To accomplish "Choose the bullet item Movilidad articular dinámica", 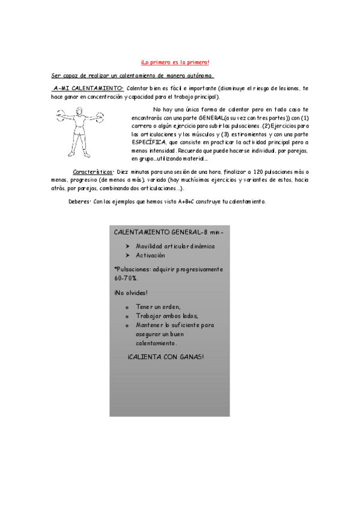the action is (x=175, y=246).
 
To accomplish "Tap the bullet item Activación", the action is (x=150, y=255).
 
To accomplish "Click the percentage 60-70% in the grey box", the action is (x=126, y=278).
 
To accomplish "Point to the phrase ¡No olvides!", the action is (x=130, y=293).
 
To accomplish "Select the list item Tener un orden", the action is (x=158, y=307).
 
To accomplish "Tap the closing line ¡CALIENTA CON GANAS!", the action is (x=165, y=357).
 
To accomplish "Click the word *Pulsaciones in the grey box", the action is (x=133, y=269).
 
